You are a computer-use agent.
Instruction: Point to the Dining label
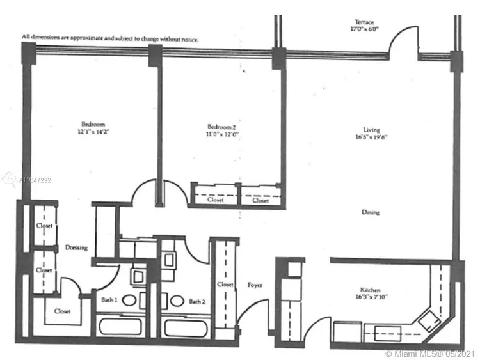tap(370, 212)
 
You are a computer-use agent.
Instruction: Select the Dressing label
tap(76, 247)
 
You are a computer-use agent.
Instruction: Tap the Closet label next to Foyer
tap(225, 284)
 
